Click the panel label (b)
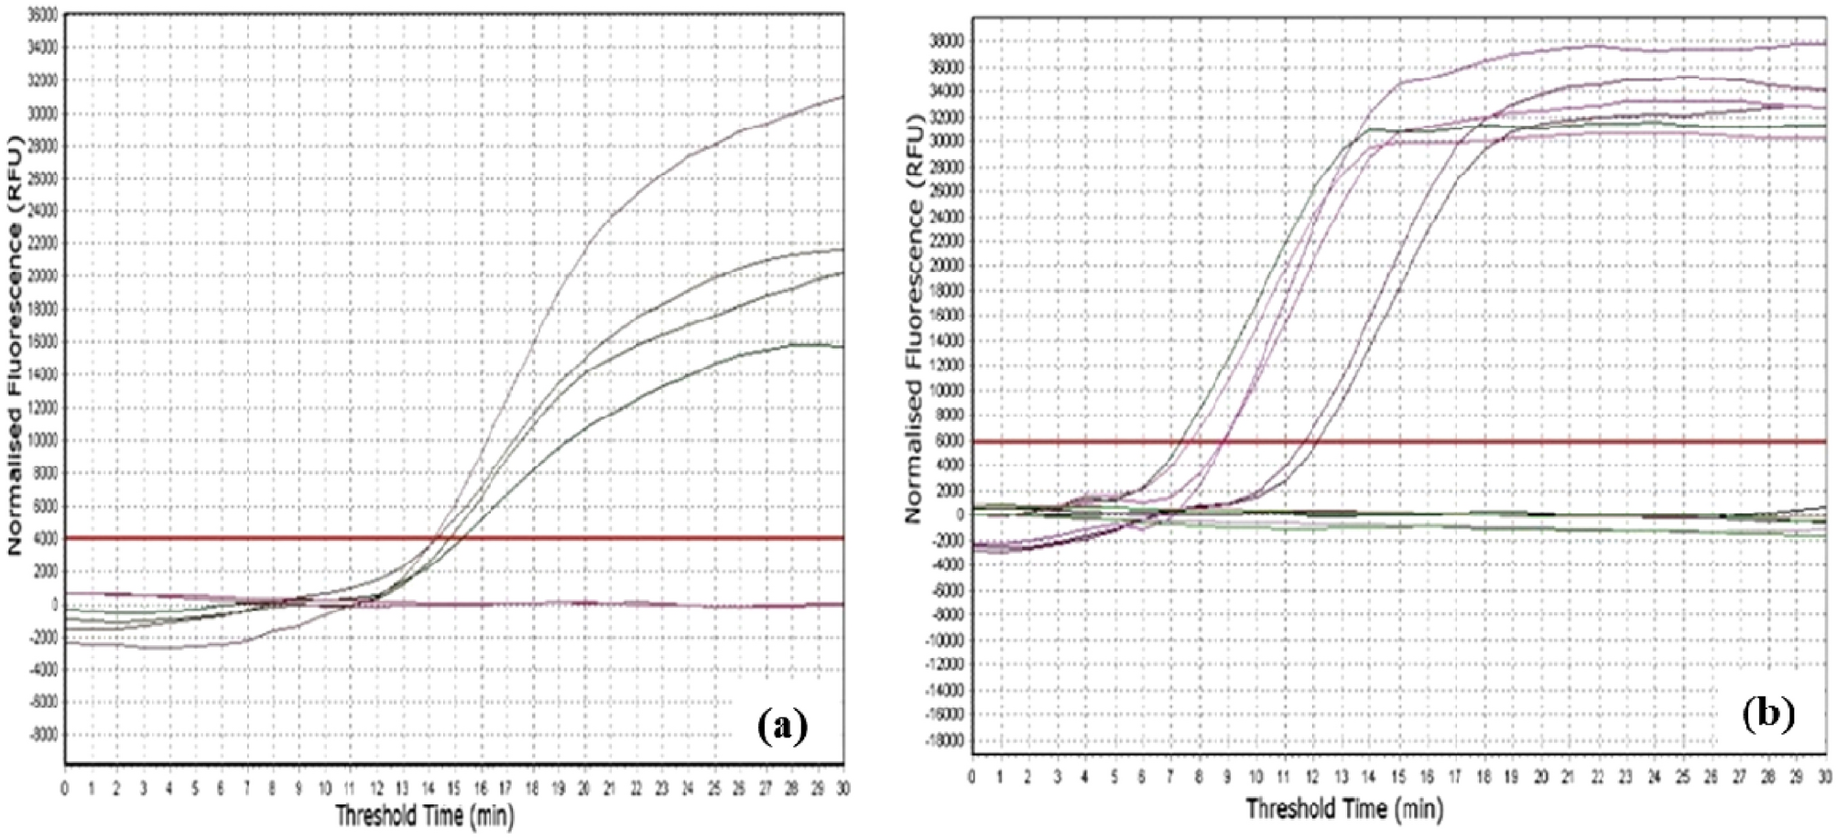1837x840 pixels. [x=1767, y=713]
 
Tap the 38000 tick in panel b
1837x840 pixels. [x=947, y=41]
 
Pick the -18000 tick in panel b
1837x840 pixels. [x=944, y=739]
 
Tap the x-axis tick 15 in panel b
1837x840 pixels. [x=1398, y=777]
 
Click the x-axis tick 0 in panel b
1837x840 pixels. [x=972, y=777]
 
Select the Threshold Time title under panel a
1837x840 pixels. [x=425, y=813]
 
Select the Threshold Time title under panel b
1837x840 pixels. [x=1343, y=809]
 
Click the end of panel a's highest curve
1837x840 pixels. [x=841, y=97]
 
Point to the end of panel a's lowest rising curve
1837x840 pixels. [x=841, y=346]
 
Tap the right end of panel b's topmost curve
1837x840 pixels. [x=1822, y=43]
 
